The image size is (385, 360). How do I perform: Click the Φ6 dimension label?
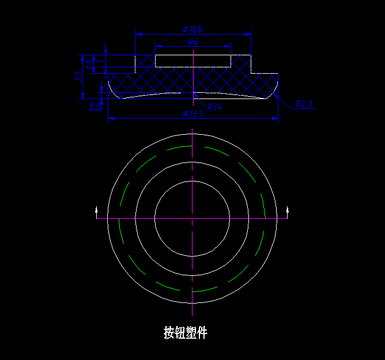point(193,41)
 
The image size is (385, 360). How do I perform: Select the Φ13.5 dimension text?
point(193,113)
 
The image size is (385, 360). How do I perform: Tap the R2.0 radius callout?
point(303,104)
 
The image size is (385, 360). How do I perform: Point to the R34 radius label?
point(214,107)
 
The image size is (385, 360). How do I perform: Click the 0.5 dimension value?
point(95,106)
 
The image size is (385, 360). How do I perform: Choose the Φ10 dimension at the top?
point(194,29)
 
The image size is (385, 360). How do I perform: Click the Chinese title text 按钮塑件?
point(185,332)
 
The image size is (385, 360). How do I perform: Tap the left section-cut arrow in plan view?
point(96,211)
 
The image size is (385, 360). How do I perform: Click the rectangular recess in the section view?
point(193,61)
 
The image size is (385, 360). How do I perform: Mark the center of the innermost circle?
point(192,219)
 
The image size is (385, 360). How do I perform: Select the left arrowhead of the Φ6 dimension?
point(158,46)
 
